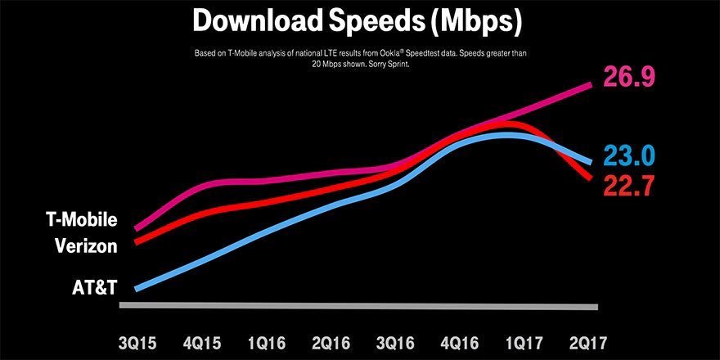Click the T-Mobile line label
coord(82,221)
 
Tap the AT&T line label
coord(94,286)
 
